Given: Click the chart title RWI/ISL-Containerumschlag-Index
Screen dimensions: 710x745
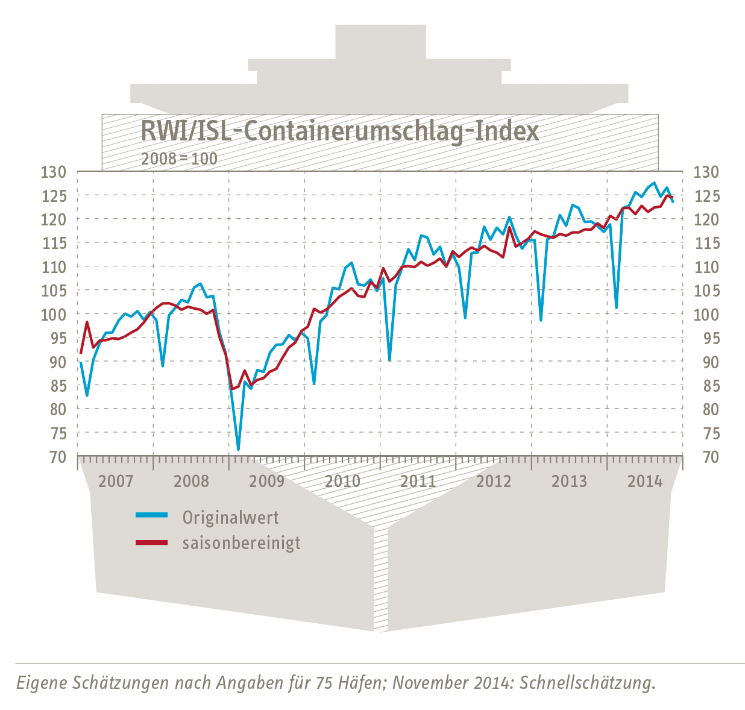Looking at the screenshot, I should (339, 131).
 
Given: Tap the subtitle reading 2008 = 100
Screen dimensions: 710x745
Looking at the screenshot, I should (179, 159).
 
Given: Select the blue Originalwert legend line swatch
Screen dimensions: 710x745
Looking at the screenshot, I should (152, 515).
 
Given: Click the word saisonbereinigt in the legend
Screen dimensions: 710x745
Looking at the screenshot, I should (241, 542).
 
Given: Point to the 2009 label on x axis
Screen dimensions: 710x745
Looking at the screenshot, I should (266, 481).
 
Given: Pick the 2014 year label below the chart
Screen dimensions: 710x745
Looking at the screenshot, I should (645, 481).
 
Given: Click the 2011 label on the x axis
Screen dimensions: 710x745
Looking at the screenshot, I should (418, 481).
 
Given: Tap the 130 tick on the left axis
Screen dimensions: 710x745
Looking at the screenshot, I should (53, 172).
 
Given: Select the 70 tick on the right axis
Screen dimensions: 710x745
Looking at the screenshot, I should (706, 457).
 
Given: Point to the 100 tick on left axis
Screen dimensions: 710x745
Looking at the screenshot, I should (53, 315).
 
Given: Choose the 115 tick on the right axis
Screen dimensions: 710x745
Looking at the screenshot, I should (706, 243).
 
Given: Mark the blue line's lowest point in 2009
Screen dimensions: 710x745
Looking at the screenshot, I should (238, 450).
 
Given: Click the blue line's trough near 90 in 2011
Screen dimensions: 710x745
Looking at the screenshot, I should (389, 360).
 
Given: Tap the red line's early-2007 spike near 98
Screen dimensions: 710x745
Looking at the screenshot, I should (87, 322).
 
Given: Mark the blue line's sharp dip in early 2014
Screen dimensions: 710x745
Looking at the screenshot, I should (616, 308).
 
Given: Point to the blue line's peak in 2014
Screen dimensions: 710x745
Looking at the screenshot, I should (655, 183).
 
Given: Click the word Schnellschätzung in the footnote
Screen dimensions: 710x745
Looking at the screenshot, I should (587, 683).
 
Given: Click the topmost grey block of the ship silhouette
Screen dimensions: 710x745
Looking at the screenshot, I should (380, 42).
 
